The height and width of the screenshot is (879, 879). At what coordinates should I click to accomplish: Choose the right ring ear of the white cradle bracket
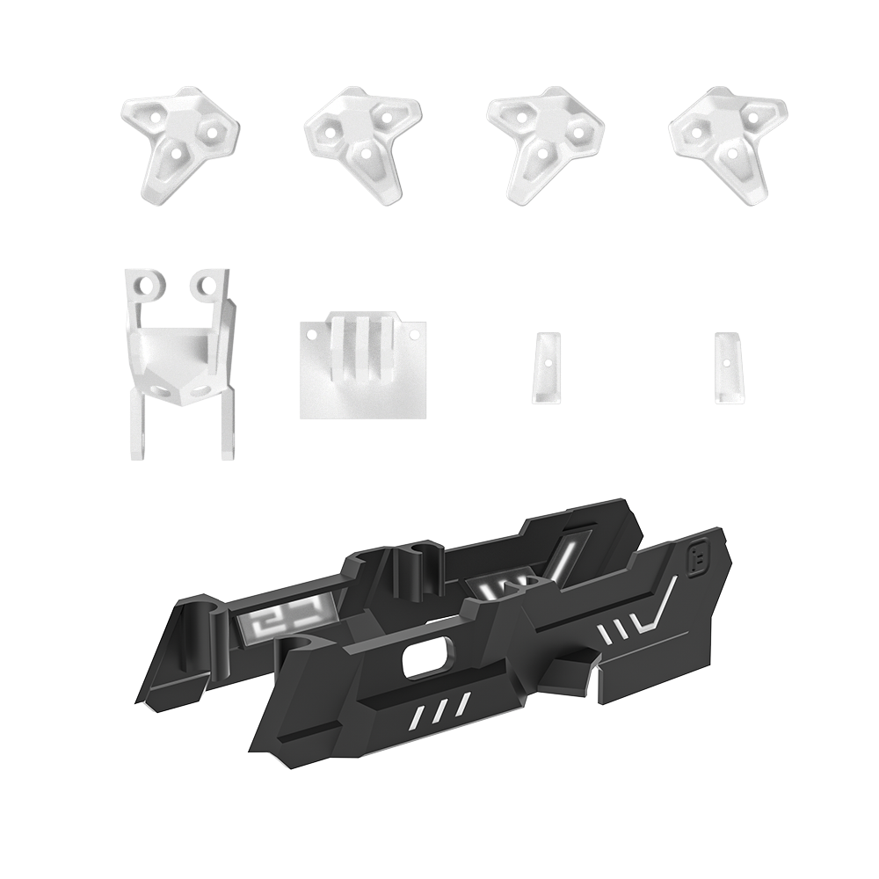click(x=207, y=283)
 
